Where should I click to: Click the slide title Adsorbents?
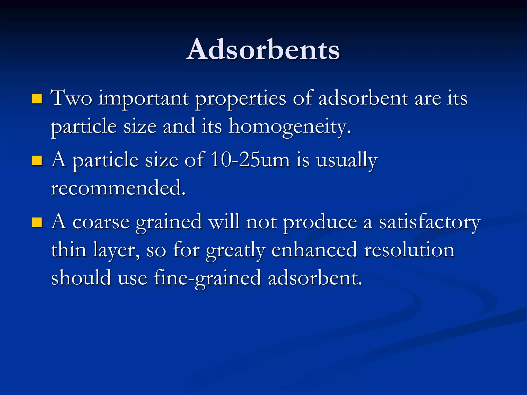point(263,50)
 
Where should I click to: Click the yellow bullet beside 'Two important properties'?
point(37,98)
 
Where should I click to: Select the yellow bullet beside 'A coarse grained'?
point(37,222)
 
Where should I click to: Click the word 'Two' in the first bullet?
point(71,98)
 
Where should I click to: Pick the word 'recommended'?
point(118,188)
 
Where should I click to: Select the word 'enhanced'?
point(314,250)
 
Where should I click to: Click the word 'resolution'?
point(409,250)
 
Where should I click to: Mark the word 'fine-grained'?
point(207,278)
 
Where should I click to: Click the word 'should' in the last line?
point(81,278)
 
